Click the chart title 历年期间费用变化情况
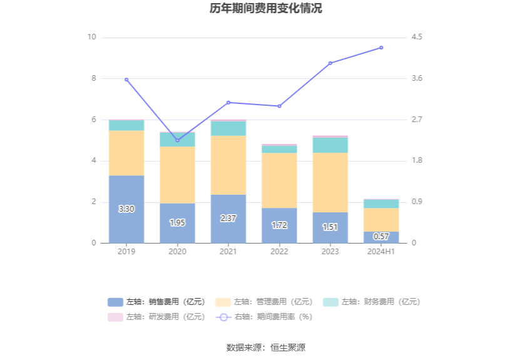pos(265,9)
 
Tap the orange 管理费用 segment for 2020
pos(177,175)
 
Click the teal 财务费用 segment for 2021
pos(228,128)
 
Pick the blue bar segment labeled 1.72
pos(279,225)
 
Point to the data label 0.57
pos(381,237)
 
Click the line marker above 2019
pos(126,80)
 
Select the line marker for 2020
pos(177,140)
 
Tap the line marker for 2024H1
pos(381,48)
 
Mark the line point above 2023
pos(330,63)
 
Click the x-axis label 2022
pos(279,252)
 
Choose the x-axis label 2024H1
pos(381,252)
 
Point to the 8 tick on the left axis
pos(94,78)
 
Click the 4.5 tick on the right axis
pos(417,37)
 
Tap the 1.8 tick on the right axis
pos(417,161)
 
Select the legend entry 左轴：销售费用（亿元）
pos(156,302)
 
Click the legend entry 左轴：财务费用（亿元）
pos(372,302)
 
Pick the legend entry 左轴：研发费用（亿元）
pos(156,317)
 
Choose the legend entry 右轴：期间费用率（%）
pos(264,317)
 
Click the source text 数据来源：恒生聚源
pos(265,347)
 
